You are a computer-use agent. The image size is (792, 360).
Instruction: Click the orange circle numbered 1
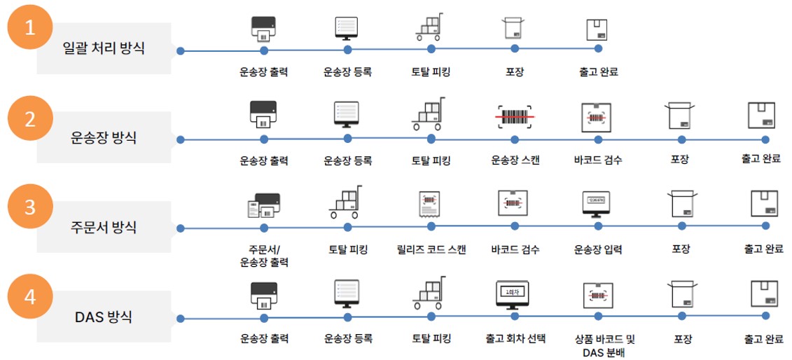coord(31,27)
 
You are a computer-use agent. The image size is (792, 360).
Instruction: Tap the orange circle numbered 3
coord(31,207)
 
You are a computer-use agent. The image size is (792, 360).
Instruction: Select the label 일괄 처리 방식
coord(104,50)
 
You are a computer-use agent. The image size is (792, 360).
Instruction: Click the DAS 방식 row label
coord(104,318)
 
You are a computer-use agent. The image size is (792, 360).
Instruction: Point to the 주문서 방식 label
coord(104,227)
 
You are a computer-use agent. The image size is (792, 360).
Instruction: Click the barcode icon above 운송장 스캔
coord(515,117)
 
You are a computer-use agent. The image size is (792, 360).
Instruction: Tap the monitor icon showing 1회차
coord(515,294)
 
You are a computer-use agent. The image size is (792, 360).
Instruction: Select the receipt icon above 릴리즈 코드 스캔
coord(429,205)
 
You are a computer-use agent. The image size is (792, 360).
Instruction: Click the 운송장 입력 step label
coord(599,249)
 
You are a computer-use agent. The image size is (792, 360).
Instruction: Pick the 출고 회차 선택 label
coord(515,338)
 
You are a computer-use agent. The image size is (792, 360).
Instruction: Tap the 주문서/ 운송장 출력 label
coord(264,256)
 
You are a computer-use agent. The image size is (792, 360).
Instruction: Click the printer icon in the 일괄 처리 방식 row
coord(264,28)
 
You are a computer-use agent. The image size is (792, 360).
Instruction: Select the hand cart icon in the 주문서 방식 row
coord(346,202)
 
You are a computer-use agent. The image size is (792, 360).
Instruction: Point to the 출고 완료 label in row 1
coord(599,72)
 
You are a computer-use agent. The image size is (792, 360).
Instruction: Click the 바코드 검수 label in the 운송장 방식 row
coord(599,161)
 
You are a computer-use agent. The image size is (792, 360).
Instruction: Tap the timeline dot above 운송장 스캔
coord(515,139)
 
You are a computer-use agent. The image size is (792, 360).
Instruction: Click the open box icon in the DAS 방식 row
coord(682,294)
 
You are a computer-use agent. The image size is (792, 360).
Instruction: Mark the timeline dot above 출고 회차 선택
coord(515,317)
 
